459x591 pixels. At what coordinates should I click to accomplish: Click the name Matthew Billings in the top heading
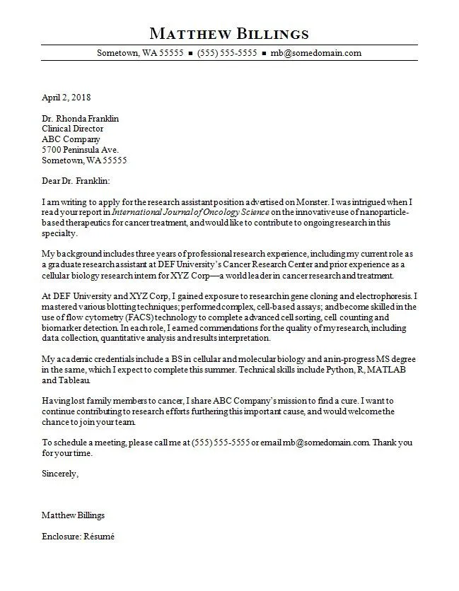pos(229,33)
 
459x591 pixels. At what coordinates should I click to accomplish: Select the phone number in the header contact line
pos(226,53)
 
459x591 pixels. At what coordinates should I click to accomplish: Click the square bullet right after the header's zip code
pos(190,53)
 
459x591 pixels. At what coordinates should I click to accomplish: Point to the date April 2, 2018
pos(66,98)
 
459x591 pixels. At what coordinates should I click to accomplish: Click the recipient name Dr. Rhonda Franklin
pos(80,119)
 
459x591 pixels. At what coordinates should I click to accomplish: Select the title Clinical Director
pos(73,129)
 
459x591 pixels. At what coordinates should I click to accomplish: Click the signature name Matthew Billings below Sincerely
pos(73,515)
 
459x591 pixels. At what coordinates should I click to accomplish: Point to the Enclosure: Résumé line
pos(78,537)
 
